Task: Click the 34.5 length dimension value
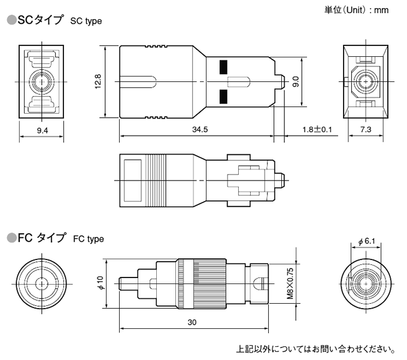pyautogui.click(x=200, y=130)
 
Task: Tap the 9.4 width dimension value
pyautogui.click(x=42, y=130)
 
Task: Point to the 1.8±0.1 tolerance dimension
pyautogui.click(x=317, y=130)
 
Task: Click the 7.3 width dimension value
pyautogui.click(x=365, y=130)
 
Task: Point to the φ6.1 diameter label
pyautogui.click(x=366, y=241)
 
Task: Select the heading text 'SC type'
pyautogui.click(x=86, y=22)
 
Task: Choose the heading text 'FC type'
pyautogui.click(x=88, y=239)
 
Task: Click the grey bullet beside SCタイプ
pyautogui.click(x=11, y=20)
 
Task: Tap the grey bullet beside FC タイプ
pyautogui.click(x=11, y=238)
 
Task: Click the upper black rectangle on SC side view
pyautogui.click(x=224, y=66)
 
